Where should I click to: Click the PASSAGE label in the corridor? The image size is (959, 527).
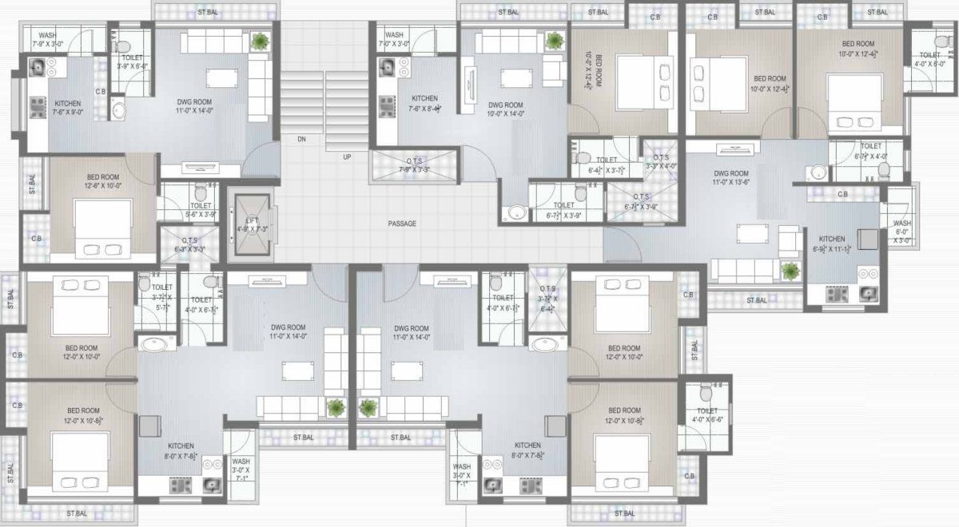point(402,224)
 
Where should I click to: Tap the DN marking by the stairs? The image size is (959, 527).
point(301,139)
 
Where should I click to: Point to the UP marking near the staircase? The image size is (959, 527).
point(347,157)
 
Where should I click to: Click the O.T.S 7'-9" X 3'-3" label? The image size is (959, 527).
point(414,164)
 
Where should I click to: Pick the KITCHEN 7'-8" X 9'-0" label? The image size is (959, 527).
point(68,109)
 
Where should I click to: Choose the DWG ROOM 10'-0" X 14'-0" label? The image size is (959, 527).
point(505,109)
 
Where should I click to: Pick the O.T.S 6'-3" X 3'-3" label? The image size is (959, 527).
point(190,244)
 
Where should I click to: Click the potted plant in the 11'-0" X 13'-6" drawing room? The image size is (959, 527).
point(790,271)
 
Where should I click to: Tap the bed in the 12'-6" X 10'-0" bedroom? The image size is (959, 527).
point(103,228)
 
